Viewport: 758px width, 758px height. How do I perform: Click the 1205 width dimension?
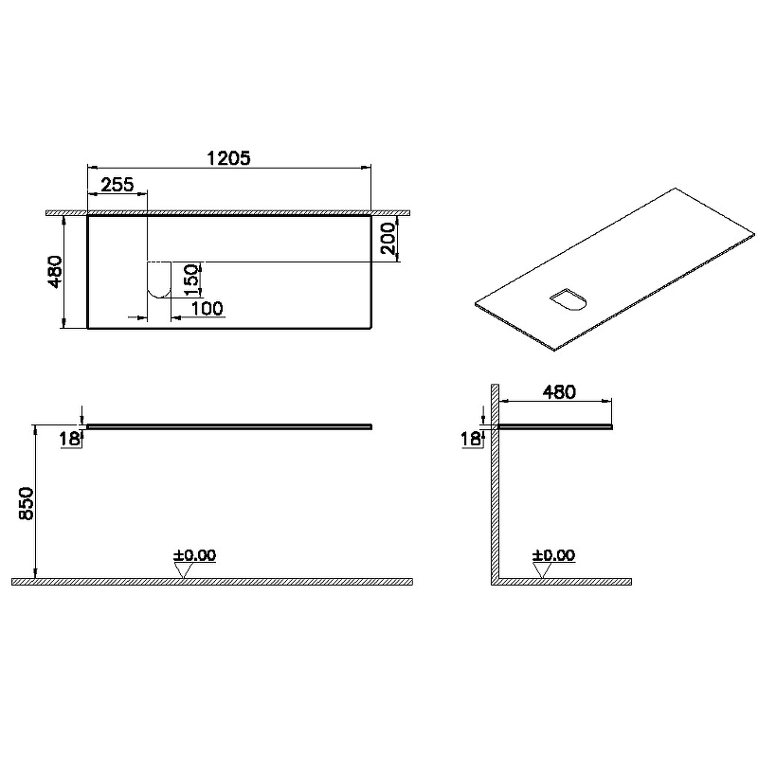(228, 157)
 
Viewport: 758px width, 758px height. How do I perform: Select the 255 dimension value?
(117, 184)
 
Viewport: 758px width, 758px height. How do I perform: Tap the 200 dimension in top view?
(388, 239)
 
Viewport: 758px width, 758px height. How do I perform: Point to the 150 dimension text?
(191, 280)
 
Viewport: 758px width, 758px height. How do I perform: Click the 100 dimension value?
(207, 309)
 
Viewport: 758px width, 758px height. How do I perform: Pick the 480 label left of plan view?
(55, 272)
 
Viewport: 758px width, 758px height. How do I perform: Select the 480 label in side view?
(559, 392)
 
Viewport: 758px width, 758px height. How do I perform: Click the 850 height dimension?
(26, 503)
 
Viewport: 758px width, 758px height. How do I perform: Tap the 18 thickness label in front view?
(69, 439)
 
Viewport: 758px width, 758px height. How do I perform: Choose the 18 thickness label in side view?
(471, 439)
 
